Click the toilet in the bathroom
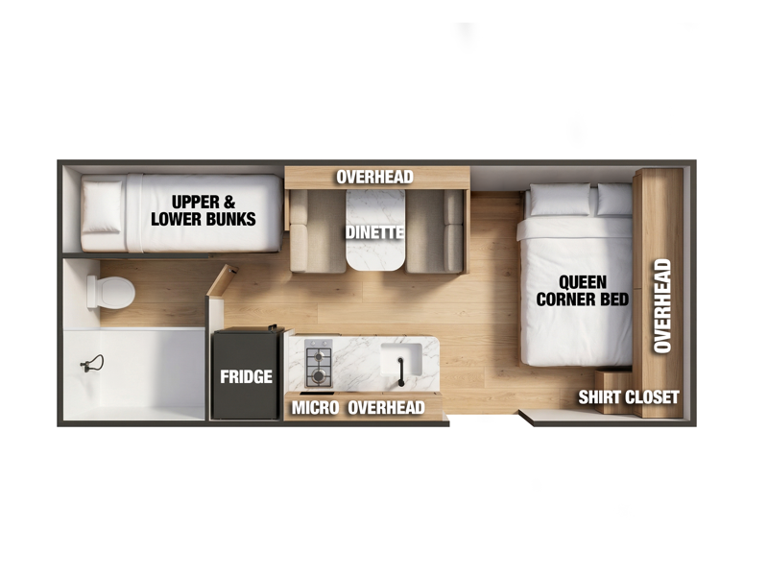pyautogui.click(x=110, y=293)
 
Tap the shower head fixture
pyautogui.click(x=92, y=364)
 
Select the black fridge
pyautogui.click(x=247, y=373)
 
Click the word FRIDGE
pyautogui.click(x=246, y=376)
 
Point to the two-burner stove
pyautogui.click(x=319, y=364)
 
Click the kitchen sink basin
pyautogui.click(x=401, y=359)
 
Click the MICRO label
pyautogui.click(x=315, y=407)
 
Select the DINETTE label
pyautogui.click(x=375, y=232)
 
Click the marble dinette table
pyautogui.click(x=375, y=230)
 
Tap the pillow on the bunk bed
pyautogui.click(x=103, y=206)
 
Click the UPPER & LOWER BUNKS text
pyautogui.click(x=204, y=210)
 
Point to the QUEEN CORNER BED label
pyautogui.click(x=583, y=291)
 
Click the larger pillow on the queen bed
pyautogui.click(x=560, y=200)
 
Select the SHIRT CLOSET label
pyautogui.click(x=629, y=397)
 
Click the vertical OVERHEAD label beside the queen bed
pyautogui.click(x=662, y=306)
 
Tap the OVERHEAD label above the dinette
pyautogui.click(x=374, y=177)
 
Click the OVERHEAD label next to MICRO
pyautogui.click(x=386, y=407)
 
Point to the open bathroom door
pyautogui.click(x=222, y=280)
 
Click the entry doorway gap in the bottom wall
pyautogui.click(x=484, y=420)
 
